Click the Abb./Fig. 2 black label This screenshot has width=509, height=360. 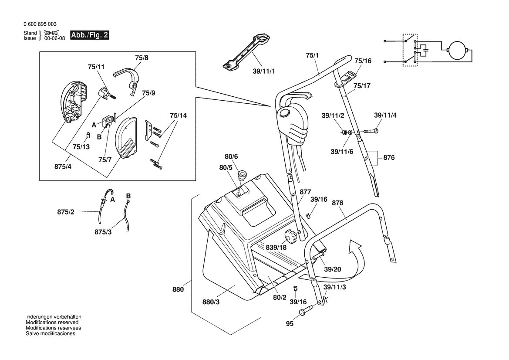(89, 35)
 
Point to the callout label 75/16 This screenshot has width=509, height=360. (363, 61)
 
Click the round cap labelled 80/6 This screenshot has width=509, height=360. (242, 175)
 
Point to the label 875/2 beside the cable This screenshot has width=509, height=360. (66, 212)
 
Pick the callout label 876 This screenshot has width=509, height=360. (389, 157)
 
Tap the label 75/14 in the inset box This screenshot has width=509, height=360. (179, 115)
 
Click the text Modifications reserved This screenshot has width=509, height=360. (52, 323)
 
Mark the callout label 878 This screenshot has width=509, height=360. (337, 203)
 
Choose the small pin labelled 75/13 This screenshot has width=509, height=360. (88, 134)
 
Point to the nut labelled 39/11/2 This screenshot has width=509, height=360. (344, 132)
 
